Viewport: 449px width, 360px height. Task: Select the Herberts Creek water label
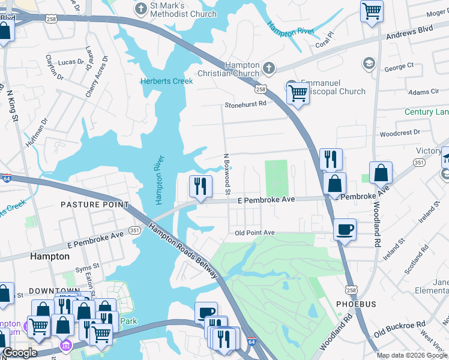(x=166, y=81)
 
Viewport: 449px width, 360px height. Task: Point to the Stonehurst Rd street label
(x=246, y=104)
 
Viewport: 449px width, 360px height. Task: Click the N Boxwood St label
(x=227, y=174)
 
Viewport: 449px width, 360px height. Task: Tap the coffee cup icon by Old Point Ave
(x=345, y=229)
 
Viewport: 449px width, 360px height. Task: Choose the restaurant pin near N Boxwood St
(x=200, y=186)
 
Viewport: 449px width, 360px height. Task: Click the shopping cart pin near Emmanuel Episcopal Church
(x=298, y=93)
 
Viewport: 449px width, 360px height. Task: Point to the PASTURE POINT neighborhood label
(x=94, y=205)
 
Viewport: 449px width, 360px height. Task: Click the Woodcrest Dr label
(x=400, y=132)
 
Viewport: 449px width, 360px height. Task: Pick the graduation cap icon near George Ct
(x=368, y=63)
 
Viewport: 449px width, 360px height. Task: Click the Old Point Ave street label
(x=255, y=233)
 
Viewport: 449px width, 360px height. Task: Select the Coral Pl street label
(x=325, y=44)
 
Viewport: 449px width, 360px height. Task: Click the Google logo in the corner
(x=20, y=353)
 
